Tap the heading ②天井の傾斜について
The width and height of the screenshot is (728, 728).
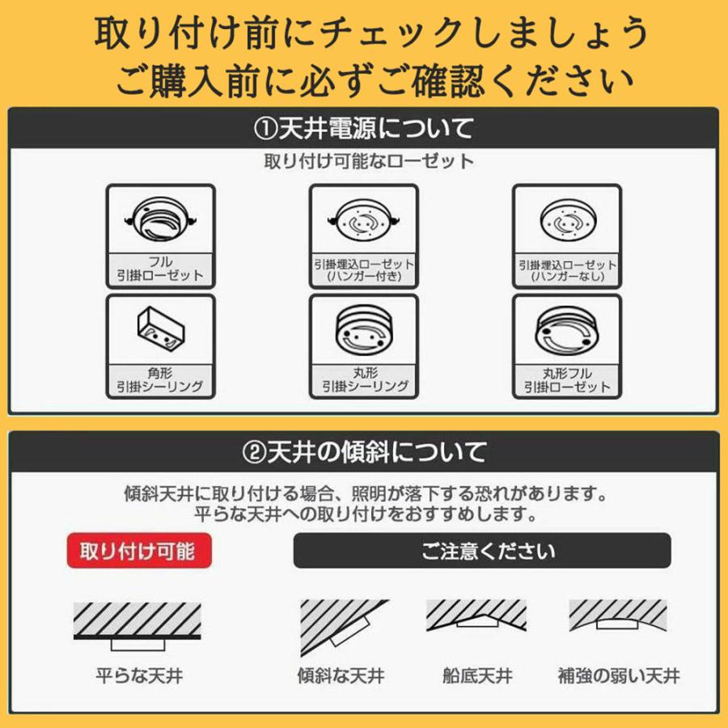364,451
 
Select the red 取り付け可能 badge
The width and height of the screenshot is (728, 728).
138,552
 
